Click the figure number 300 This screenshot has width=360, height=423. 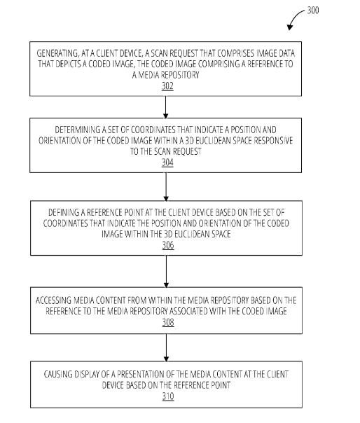(x=313, y=11)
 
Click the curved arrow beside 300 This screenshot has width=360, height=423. (x=294, y=18)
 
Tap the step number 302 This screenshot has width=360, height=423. (x=167, y=86)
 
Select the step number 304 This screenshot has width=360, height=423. (x=167, y=162)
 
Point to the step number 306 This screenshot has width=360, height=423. (x=168, y=245)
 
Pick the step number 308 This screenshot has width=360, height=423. (x=168, y=322)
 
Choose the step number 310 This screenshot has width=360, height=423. (x=168, y=396)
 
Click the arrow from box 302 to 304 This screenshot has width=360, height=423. (x=166, y=107)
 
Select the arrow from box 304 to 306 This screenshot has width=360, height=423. (x=166, y=187)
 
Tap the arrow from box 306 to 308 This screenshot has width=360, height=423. (x=166, y=271)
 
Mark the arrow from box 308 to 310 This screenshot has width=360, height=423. (x=166, y=347)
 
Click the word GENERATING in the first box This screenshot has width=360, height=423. (x=57, y=53)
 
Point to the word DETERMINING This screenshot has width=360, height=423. (x=78, y=130)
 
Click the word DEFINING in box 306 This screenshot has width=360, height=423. (x=64, y=213)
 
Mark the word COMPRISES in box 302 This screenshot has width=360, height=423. (x=236, y=53)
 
